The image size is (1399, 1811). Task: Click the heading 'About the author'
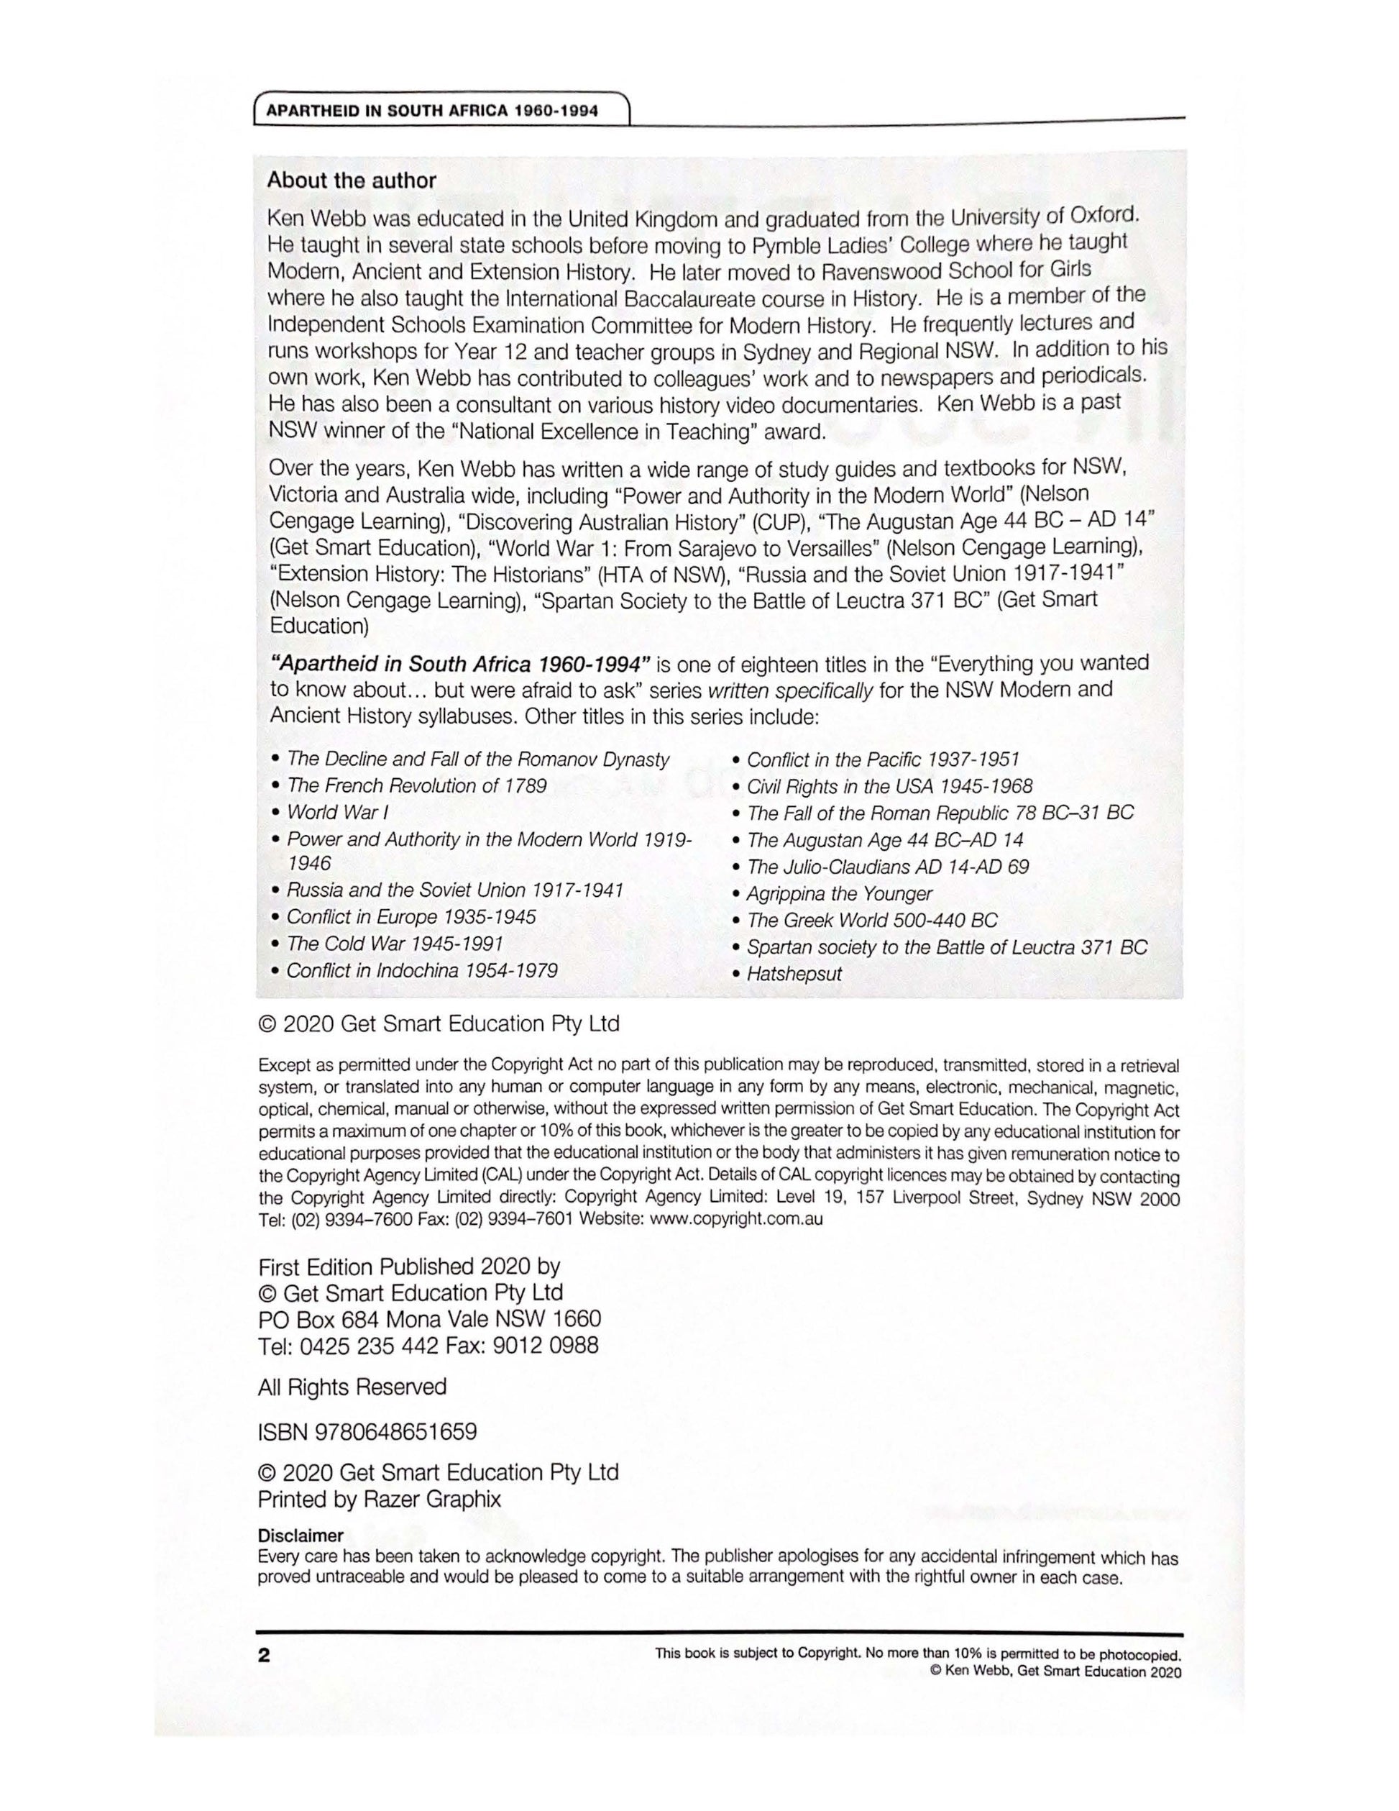(351, 180)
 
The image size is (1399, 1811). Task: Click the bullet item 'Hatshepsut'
(793, 974)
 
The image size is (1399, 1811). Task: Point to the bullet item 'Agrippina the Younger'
(839, 893)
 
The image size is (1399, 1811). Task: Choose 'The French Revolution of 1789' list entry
(416, 785)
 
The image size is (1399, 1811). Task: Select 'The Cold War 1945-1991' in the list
(395, 943)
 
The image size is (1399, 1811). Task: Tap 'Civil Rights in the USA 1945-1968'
(889, 786)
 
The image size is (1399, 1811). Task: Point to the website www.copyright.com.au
(736, 1219)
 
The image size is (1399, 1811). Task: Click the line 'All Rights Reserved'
(352, 1387)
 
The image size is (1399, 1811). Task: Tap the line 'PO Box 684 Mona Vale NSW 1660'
(429, 1318)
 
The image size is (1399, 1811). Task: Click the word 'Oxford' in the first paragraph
(1104, 215)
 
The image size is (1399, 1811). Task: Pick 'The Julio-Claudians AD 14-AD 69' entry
(887, 867)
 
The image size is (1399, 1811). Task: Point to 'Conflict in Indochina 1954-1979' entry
(421, 970)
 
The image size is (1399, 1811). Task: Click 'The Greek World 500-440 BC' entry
(871, 920)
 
